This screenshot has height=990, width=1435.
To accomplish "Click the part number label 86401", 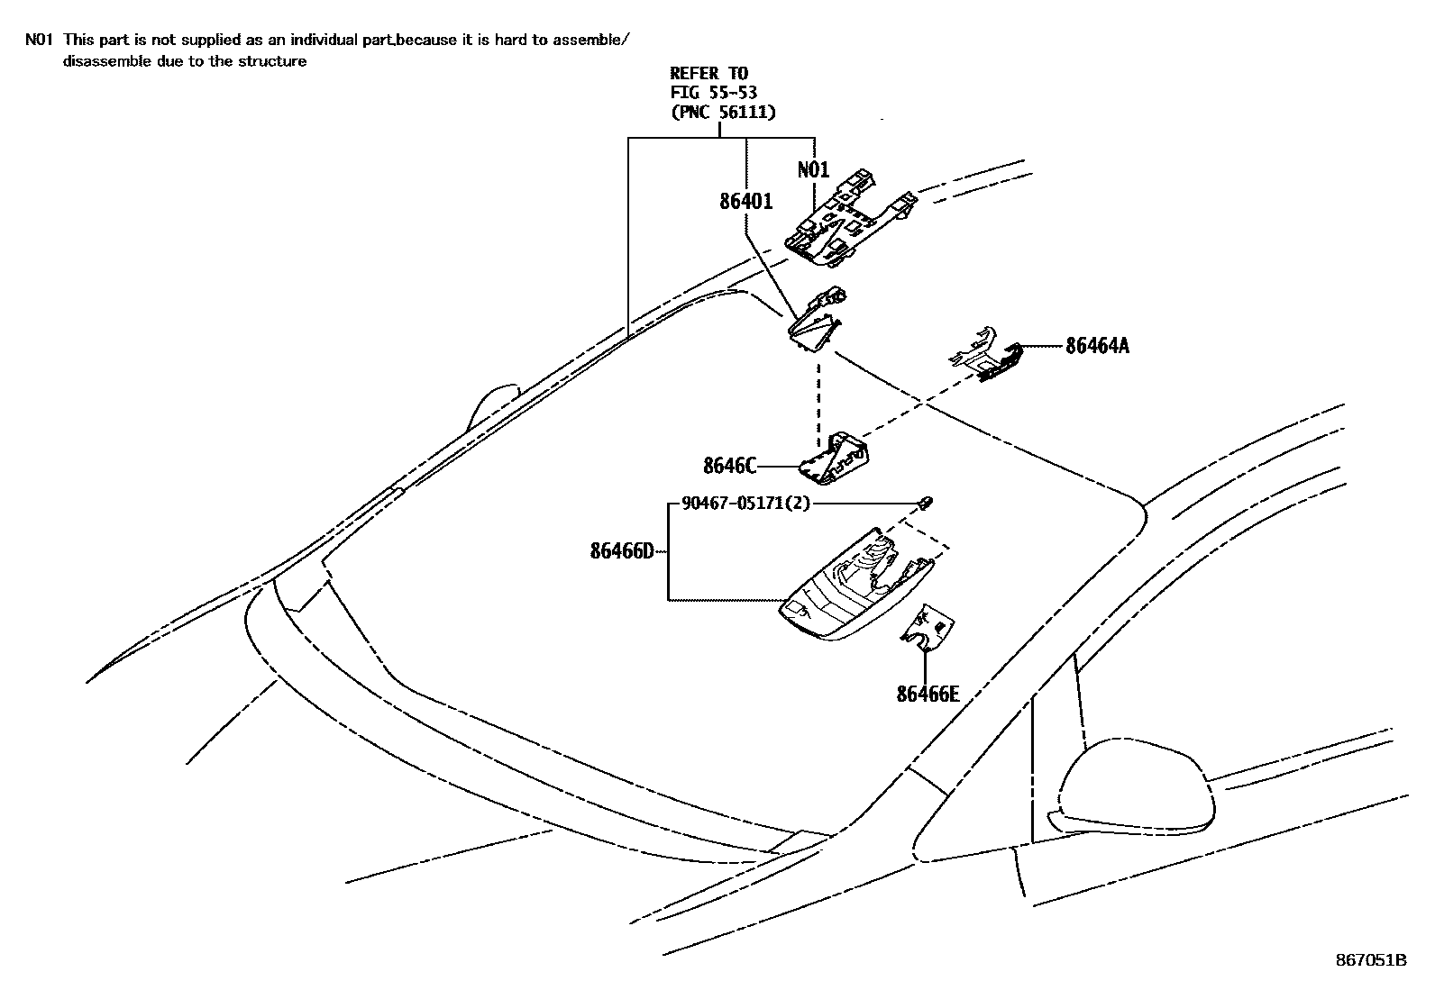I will [x=745, y=202].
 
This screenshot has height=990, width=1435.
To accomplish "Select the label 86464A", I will [x=1096, y=346].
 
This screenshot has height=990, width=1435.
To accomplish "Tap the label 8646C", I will [x=729, y=466].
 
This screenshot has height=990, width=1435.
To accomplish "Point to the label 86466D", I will [x=622, y=551].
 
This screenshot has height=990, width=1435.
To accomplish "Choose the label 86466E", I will [x=928, y=694].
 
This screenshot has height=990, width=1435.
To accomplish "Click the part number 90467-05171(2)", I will [x=745, y=504].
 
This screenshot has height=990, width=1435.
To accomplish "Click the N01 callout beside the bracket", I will [x=813, y=170].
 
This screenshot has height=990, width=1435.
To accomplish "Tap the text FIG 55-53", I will [x=713, y=93].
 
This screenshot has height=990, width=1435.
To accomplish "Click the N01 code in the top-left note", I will [x=38, y=40].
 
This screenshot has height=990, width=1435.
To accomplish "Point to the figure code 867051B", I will [x=1370, y=960].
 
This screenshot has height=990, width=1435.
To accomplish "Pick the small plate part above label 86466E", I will [x=928, y=629].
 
